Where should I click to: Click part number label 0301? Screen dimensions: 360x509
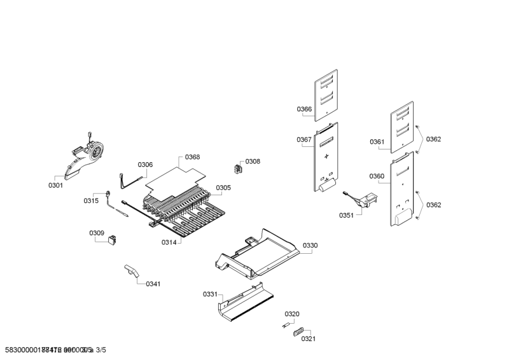pyautogui.click(x=55, y=185)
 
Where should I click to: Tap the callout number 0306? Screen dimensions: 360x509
pyautogui.click(x=145, y=165)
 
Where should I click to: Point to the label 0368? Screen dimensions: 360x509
pyautogui.click(x=192, y=157)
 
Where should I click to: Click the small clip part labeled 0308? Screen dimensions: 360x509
pyautogui.click(x=238, y=169)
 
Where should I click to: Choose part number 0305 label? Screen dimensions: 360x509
pyautogui.click(x=223, y=188)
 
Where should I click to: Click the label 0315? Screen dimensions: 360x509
pyautogui.click(x=91, y=201)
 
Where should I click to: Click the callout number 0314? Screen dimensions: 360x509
pyautogui.click(x=169, y=242)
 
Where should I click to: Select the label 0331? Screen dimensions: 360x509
pyautogui.click(x=210, y=294)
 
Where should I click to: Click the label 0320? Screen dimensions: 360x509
pyautogui.click(x=292, y=314)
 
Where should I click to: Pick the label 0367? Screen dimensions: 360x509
pyautogui.click(x=303, y=139)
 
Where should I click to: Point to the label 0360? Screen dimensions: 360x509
pyautogui.click(x=377, y=176)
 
